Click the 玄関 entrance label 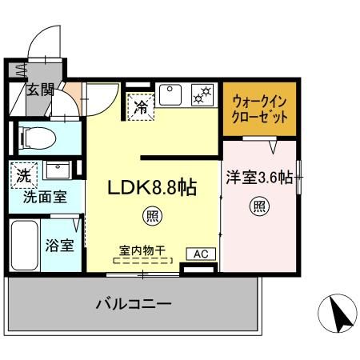[40, 90]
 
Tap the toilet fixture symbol [38, 138]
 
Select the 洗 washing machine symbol [24, 175]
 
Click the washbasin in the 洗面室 [58, 170]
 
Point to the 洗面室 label [45, 197]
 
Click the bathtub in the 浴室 [24, 246]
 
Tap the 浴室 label [59, 246]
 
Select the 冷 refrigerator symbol [141, 106]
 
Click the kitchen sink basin [170, 94]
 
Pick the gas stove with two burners [202, 95]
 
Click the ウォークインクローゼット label [259, 110]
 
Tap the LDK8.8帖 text [152, 187]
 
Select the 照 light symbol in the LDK [152, 217]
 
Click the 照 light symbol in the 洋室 [259, 206]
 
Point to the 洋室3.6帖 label [259, 178]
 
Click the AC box [201, 254]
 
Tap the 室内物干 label [142, 250]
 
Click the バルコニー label [134, 304]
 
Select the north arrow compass [338, 314]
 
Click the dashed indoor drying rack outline [142, 261]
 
